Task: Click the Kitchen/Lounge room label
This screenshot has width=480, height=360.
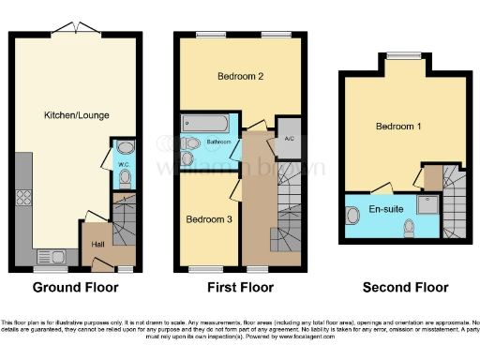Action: [76, 115]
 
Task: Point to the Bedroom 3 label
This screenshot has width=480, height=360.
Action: [205, 219]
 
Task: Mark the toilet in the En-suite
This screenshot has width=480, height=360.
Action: [409, 228]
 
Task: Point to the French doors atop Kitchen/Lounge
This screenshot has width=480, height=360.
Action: [75, 28]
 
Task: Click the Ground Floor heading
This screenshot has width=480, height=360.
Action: [74, 287]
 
